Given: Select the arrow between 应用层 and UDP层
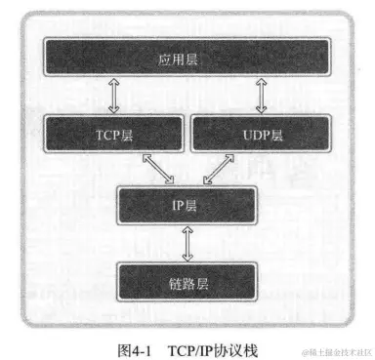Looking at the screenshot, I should pyautogui.click(x=261, y=96).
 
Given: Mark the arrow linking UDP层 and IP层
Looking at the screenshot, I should pyautogui.click(x=216, y=168).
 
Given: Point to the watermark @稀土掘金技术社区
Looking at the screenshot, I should pyautogui.click(x=337, y=348).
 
